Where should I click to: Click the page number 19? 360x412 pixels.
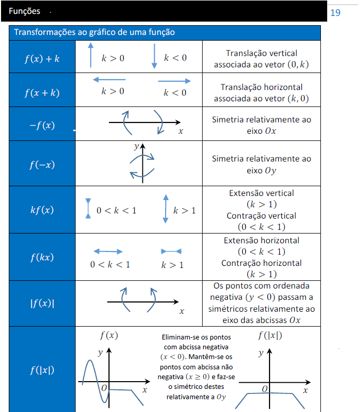[335, 13]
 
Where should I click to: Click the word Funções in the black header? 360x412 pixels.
[25, 11]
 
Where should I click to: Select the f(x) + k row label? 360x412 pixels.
[42, 59]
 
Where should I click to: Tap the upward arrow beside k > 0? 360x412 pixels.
[91, 55]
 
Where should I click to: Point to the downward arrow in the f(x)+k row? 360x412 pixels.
[154, 56]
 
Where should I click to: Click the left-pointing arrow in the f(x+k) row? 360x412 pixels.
[110, 80]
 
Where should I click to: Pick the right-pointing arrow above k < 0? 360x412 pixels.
[174, 81]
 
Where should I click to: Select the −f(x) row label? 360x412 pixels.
[42, 125]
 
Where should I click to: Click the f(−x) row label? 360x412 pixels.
[42, 165]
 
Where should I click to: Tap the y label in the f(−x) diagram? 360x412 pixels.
[136, 146]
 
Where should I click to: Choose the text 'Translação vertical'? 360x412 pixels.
[261, 53]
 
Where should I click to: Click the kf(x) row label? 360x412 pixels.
[42, 210]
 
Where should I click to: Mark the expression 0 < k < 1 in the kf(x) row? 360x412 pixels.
[116, 210]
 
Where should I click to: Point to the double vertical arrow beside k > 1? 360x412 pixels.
[166, 209]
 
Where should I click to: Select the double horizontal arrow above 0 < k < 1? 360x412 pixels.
[108, 252]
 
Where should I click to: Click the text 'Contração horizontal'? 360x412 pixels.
[261, 263]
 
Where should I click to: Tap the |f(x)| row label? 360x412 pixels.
[42, 303]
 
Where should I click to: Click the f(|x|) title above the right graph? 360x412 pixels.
[270, 335]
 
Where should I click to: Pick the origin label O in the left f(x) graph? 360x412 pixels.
[104, 388]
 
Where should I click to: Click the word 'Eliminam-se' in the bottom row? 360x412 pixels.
[177, 337]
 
